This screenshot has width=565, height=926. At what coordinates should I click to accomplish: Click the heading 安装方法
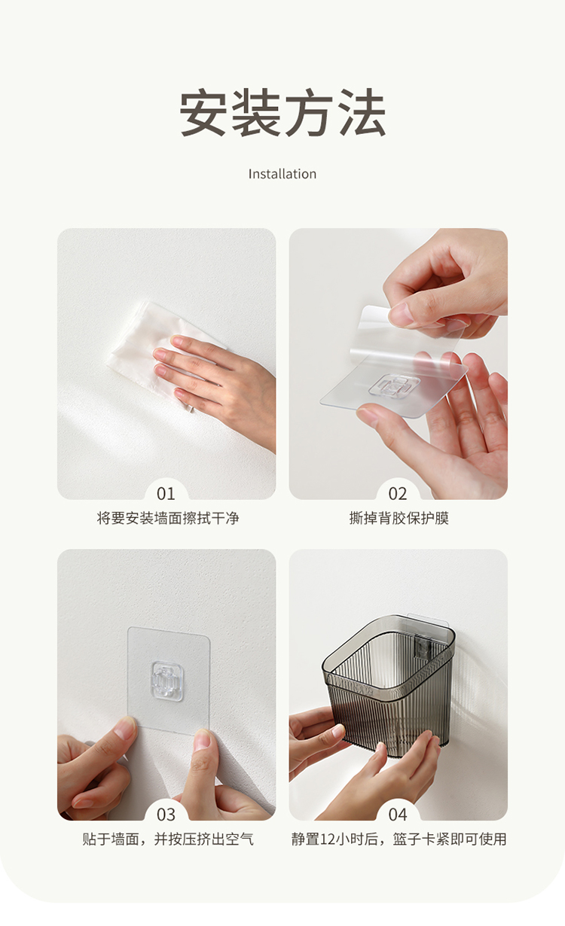click(x=282, y=112)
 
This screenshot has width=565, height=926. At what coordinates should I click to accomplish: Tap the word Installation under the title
click(x=282, y=174)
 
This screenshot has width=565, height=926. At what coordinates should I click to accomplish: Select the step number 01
click(x=166, y=494)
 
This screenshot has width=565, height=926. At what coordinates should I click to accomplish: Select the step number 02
click(x=398, y=494)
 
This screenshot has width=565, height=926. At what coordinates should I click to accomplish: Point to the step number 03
click(x=166, y=815)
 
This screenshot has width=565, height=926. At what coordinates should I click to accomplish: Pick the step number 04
click(x=398, y=815)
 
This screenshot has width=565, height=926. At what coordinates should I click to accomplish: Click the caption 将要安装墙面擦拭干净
click(x=168, y=518)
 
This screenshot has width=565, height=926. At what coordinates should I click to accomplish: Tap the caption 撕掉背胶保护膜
click(x=399, y=518)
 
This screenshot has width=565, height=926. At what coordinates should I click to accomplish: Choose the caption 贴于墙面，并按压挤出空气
click(x=168, y=839)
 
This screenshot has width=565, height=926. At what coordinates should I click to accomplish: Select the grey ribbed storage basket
click(x=389, y=684)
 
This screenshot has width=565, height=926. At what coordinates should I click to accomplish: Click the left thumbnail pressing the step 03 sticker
click(x=124, y=727)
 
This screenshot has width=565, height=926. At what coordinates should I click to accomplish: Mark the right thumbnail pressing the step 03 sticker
click(x=202, y=740)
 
